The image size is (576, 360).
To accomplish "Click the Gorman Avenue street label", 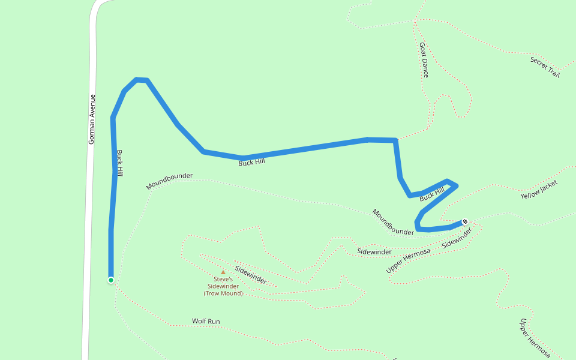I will point(92,119).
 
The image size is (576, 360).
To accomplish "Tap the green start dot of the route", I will point(111,280).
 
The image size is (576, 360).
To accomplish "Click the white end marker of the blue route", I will point(465,221).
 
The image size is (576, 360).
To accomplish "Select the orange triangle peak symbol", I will point(223,272).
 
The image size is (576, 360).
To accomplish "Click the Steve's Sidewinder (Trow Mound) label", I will point(223,286).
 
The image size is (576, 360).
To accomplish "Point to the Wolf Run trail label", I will point(206,322).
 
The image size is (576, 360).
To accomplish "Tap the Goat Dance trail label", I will point(424,59).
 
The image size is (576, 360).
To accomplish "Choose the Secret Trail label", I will point(545,67).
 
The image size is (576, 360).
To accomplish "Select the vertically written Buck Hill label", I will point(120,163).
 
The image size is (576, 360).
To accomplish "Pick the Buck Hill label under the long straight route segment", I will point(251,161).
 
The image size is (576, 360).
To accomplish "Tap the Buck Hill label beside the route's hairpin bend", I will point(431,194).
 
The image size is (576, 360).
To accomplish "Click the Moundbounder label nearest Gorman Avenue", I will point(169,181).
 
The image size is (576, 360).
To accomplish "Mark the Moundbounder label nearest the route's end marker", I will point(393,222).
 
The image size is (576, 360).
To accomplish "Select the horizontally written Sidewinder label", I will point(374,251).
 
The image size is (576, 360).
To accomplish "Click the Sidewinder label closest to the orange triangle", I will point(251,275).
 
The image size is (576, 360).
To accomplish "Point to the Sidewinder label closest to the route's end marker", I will point(457,238).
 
